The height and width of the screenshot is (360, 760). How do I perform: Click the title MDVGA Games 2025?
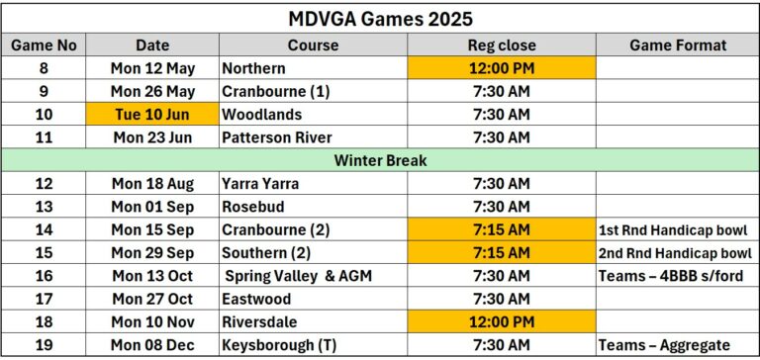pyautogui.click(x=380, y=19)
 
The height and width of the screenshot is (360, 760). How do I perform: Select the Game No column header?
pyautogui.click(x=46, y=45)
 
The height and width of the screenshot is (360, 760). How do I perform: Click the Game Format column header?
pyautogui.click(x=677, y=45)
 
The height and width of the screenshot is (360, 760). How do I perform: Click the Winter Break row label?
pyautogui.click(x=380, y=160)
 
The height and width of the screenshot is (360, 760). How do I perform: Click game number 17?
pyautogui.click(x=46, y=299)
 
